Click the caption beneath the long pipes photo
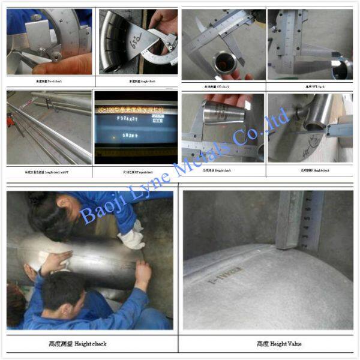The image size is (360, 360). tap(49, 172)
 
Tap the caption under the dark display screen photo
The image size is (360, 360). tap(136, 172)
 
